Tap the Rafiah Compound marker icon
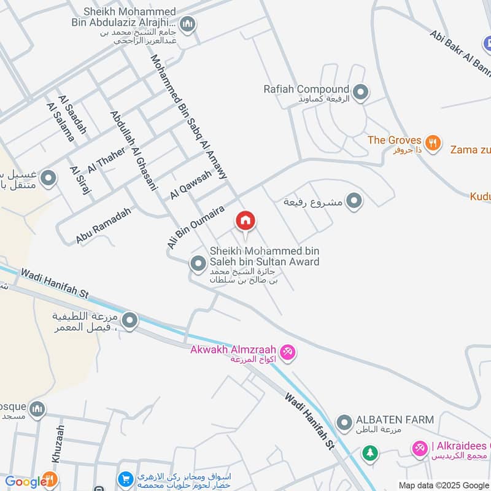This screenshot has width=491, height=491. coord(361,93)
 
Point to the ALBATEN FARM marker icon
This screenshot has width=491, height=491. coord(344,422)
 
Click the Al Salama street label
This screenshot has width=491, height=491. coord(60,122)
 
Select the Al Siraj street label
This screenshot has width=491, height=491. coord(80,180)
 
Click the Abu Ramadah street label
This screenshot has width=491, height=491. coord(104,225)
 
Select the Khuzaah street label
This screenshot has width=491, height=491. coord(58,444)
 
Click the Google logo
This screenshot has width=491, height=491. coord(23,482)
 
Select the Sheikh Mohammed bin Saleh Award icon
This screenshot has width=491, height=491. coord(198,265)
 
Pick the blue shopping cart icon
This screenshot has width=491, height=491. coord(126,479)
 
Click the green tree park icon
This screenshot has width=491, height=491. coord(369,453)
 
